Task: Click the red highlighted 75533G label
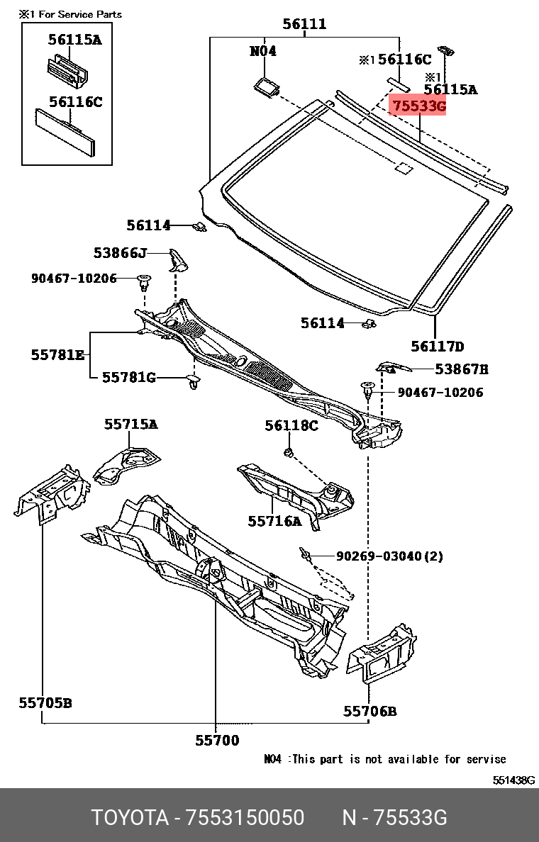coord(418,106)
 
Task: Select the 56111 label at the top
coord(304,24)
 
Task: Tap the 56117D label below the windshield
coord(437,347)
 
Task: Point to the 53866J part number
coord(119,253)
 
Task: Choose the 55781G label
coord(128,378)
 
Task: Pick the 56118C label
coord(291,425)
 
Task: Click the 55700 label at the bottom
coord(217,741)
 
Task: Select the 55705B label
coord(45,703)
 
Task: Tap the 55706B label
coord(370,711)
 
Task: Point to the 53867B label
coord(462,369)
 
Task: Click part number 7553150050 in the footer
coord(245,818)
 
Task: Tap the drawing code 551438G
coord(514,780)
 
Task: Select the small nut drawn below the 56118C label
coord(289,451)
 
